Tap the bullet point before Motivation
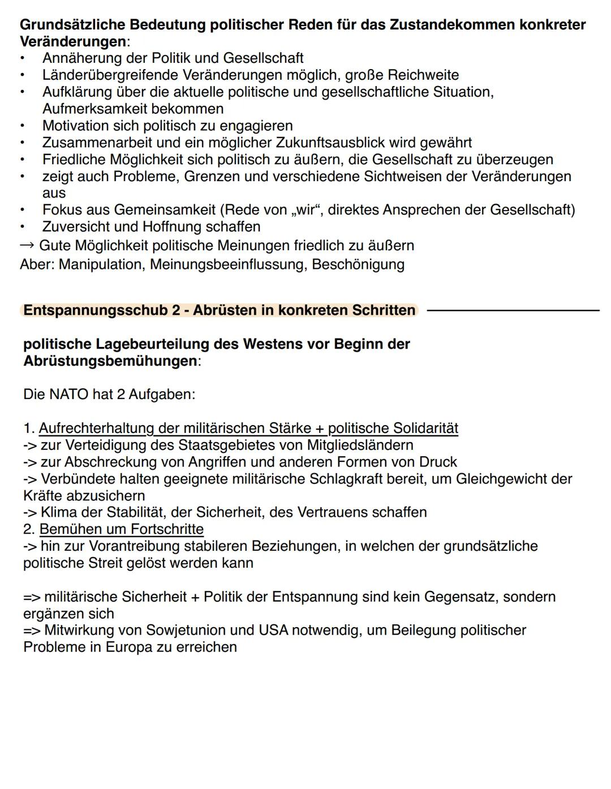point(23,126)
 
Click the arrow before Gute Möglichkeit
point(27,246)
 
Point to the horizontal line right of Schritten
point(513,310)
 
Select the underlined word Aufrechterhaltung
point(96,428)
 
